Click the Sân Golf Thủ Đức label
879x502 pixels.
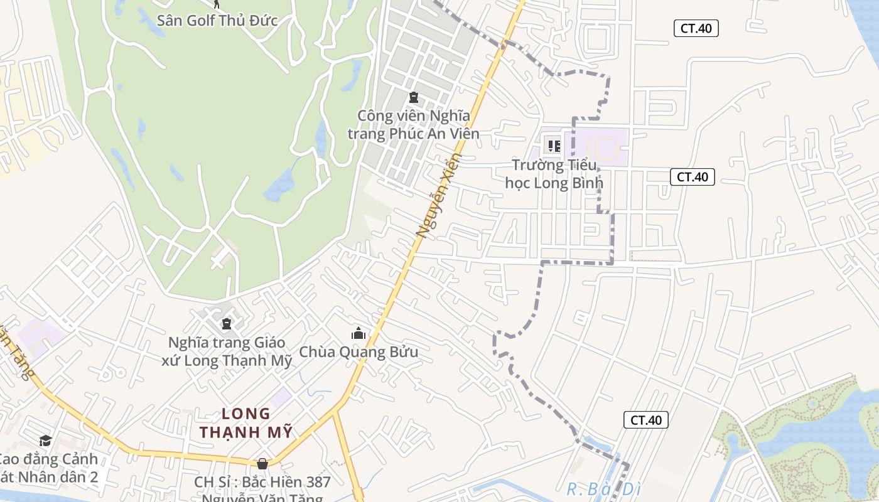tap(217, 21)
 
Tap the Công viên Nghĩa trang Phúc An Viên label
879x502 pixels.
tap(413, 125)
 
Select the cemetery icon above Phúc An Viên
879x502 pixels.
tap(413, 97)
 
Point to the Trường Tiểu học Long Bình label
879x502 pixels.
tap(554, 174)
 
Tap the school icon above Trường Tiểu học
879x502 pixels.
tap(554, 146)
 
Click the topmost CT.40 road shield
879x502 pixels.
tap(696, 28)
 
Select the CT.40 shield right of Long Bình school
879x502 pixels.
tap(693, 177)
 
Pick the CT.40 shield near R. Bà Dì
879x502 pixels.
tap(645, 420)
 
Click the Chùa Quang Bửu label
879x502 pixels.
tap(359, 352)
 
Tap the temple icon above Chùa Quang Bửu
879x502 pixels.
tap(359, 333)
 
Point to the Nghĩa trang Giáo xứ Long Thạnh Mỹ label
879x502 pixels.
tap(227, 351)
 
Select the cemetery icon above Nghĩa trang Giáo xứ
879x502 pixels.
tap(227, 324)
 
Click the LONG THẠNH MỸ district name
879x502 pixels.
tap(246, 423)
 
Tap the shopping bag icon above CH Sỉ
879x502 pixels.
tap(262, 464)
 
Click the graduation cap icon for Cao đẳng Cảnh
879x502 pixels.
tap(45, 441)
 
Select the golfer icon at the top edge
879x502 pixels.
tap(217, 3)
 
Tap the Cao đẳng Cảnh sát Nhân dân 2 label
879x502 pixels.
tap(47, 468)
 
